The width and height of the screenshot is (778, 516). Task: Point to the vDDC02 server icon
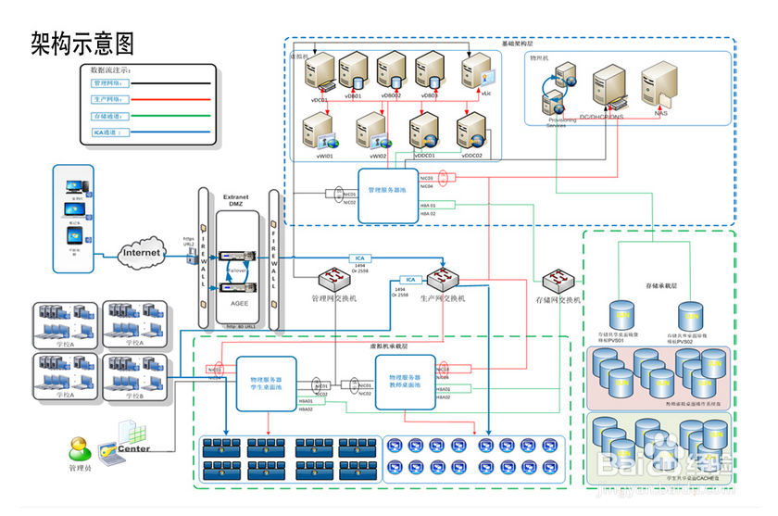tap(472, 130)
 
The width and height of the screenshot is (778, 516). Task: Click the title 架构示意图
tap(82, 42)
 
